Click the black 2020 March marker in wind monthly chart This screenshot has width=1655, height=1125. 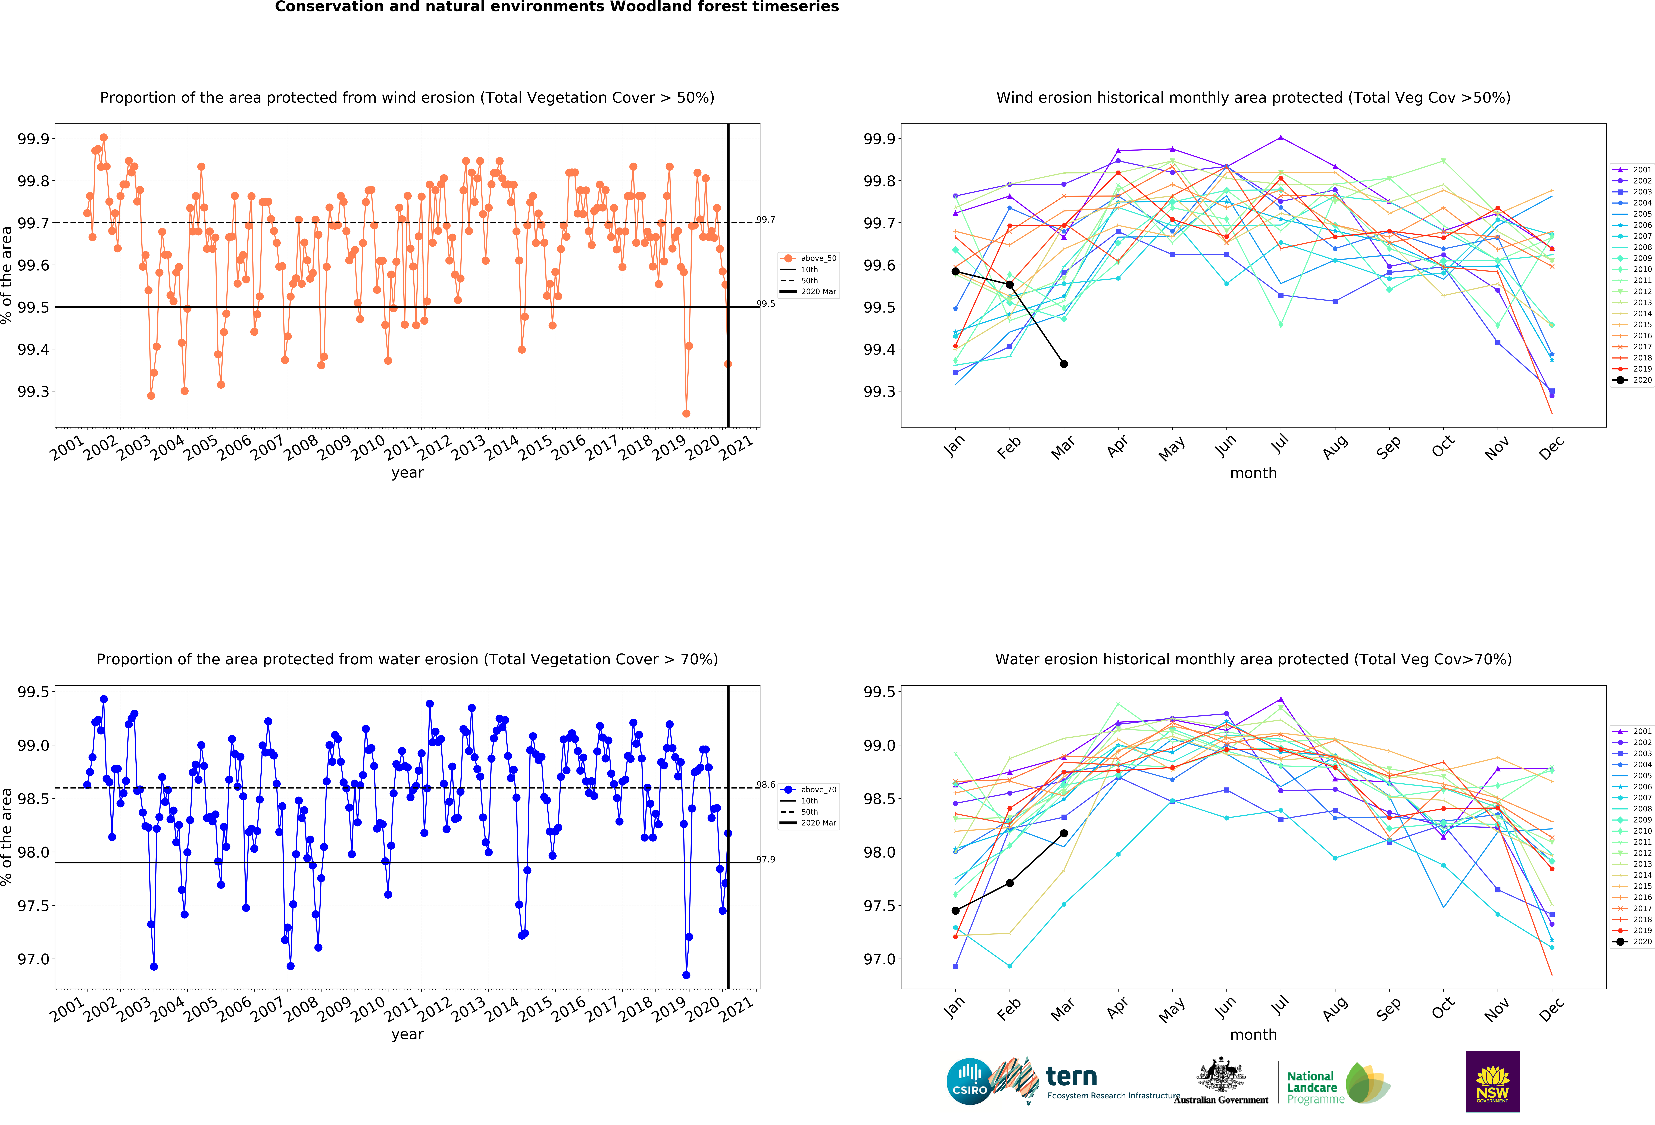point(1064,364)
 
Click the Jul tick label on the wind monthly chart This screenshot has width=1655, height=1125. point(1280,445)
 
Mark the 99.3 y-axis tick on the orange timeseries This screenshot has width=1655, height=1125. point(33,392)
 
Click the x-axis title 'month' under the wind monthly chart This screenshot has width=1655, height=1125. point(1253,473)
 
